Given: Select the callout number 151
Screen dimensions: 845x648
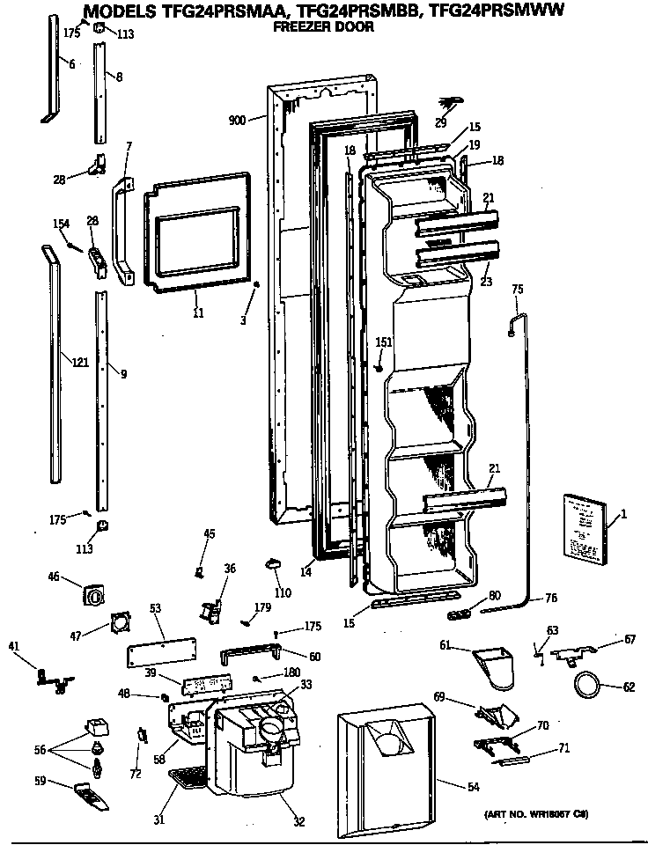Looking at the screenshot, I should click(x=384, y=342).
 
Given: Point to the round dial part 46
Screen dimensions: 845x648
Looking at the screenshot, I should click(x=92, y=596).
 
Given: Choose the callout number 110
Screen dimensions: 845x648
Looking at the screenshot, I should click(x=283, y=593).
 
